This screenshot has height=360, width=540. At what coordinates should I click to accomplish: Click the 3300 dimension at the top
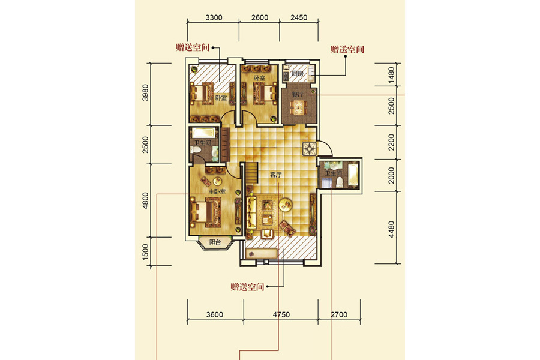pos(214,17)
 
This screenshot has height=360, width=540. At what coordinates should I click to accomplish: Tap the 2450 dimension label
pos(299,17)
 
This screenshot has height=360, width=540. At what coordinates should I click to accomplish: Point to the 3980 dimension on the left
pos(145,92)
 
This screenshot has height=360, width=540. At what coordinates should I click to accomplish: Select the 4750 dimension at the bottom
pos(281,314)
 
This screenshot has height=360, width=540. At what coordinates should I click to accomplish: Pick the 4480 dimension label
pos(391,229)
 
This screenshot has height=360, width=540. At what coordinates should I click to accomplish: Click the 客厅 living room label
pos(275,175)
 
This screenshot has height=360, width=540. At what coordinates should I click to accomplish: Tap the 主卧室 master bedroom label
pos(217,191)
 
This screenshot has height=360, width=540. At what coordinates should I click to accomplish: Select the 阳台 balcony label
pos(215,242)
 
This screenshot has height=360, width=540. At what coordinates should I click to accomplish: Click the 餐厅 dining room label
pos(298,94)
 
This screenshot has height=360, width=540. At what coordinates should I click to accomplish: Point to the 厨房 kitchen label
pos(297,73)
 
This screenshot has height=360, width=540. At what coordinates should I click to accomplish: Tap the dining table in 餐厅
pos(298,107)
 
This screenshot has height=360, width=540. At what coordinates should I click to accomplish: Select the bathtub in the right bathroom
pos(353,175)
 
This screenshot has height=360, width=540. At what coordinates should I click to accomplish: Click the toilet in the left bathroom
pos(196,150)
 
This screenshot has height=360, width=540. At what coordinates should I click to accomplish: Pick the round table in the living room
pos(285,205)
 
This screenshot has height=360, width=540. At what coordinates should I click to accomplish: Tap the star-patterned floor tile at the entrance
pos(309,149)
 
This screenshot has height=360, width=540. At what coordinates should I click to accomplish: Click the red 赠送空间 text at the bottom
pos(247,287)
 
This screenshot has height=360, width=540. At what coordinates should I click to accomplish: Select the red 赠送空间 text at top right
pos(347,49)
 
